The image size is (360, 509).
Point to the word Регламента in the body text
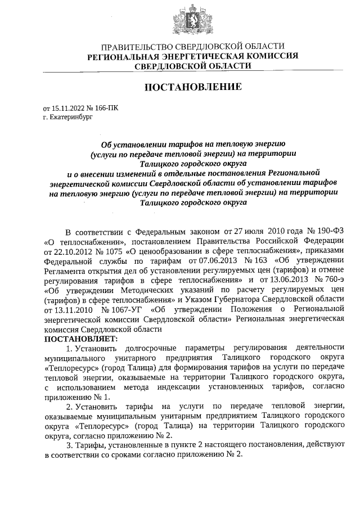[67, 271]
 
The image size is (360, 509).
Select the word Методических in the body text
[147, 290]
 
